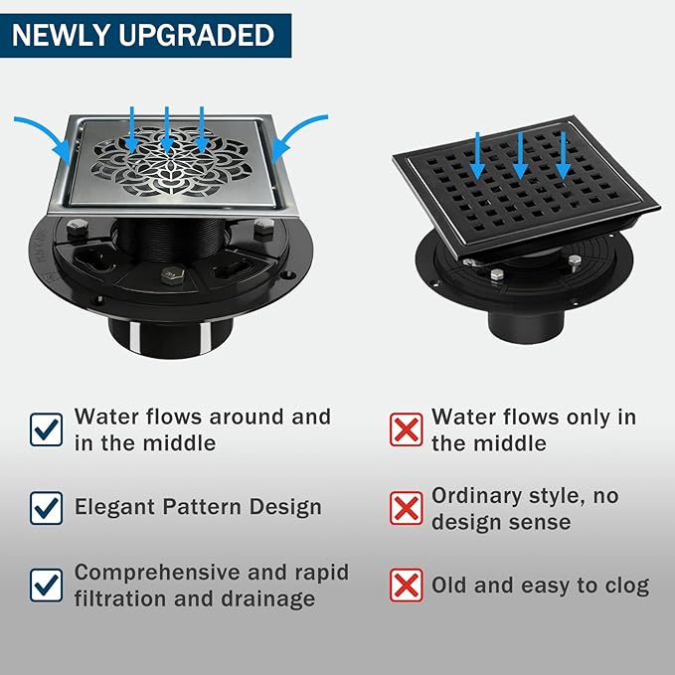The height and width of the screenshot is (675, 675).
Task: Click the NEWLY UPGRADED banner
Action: pos(145,36)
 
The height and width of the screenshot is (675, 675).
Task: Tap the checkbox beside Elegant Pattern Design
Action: pos(46,508)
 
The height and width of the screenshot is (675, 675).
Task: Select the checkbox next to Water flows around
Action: pos(46,429)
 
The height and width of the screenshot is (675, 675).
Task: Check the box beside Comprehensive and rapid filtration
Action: pos(46,585)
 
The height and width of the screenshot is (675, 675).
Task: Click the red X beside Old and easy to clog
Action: pos(406,585)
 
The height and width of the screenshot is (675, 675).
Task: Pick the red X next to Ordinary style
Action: pos(406,508)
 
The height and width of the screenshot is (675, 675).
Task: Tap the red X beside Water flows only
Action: pos(406,429)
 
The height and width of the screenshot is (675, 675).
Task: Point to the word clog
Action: pos(627,587)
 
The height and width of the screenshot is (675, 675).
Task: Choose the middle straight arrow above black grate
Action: pos(520,155)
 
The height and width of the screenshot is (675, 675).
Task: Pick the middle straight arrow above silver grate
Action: pos(167,129)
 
